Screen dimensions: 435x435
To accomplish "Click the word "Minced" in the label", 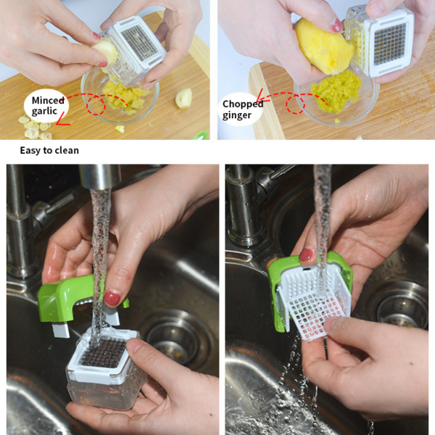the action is tap(48, 100).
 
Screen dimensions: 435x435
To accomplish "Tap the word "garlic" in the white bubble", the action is tap(44, 111).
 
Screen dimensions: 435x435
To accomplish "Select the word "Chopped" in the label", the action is tap(243, 104).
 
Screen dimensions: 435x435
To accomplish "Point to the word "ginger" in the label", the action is tap(237, 115).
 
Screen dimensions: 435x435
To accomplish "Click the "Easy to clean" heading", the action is tap(49, 150).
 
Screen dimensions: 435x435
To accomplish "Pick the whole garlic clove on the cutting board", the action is tap(183, 98).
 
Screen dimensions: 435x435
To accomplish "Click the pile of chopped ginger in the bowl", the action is tap(336, 91).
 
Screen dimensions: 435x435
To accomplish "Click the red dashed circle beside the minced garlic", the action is tap(96, 104).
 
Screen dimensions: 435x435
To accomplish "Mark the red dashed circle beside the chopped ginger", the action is tap(296, 104).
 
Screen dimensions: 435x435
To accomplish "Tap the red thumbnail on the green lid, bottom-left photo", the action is tap(112, 298).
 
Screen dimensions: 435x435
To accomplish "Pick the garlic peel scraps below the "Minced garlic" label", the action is tap(35, 128).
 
